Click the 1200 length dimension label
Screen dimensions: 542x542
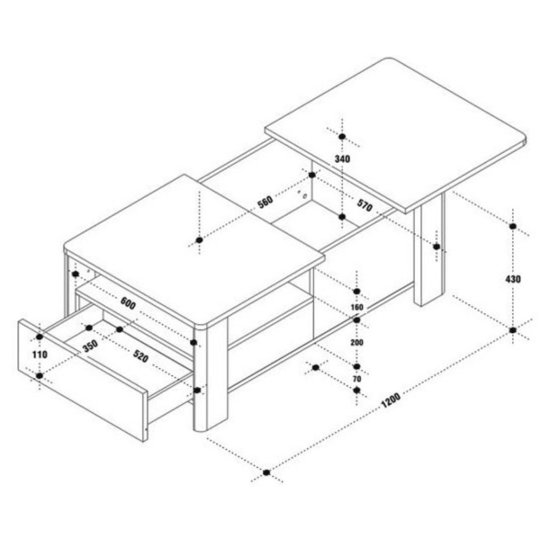pyautogui.click(x=391, y=400)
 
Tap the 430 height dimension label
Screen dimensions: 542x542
pyautogui.click(x=513, y=279)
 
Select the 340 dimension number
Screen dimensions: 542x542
pyautogui.click(x=342, y=159)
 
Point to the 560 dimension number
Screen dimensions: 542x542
pyautogui.click(x=266, y=202)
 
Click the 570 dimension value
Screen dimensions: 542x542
pyautogui.click(x=365, y=205)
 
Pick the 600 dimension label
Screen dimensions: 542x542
pyautogui.click(x=128, y=303)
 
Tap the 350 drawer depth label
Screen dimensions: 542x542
pyautogui.click(x=91, y=346)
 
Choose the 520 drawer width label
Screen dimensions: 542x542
pyautogui.click(x=141, y=356)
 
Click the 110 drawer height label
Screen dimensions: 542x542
pyautogui.click(x=40, y=354)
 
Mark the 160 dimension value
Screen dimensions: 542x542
pyautogui.click(x=357, y=307)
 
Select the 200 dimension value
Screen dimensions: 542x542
pyautogui.click(x=357, y=342)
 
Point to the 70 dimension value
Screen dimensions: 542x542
pyautogui.click(x=357, y=379)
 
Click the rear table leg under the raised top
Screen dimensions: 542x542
pyautogui.click(x=429, y=249)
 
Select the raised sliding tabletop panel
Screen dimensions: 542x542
pyautogui.click(x=396, y=135)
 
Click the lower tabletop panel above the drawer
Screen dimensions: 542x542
pyautogui.click(x=194, y=250)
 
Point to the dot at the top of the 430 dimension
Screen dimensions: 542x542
pyautogui.click(x=513, y=227)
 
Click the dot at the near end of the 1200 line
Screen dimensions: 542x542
pyautogui.click(x=267, y=472)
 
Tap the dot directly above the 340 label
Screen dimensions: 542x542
pyautogui.click(x=342, y=137)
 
